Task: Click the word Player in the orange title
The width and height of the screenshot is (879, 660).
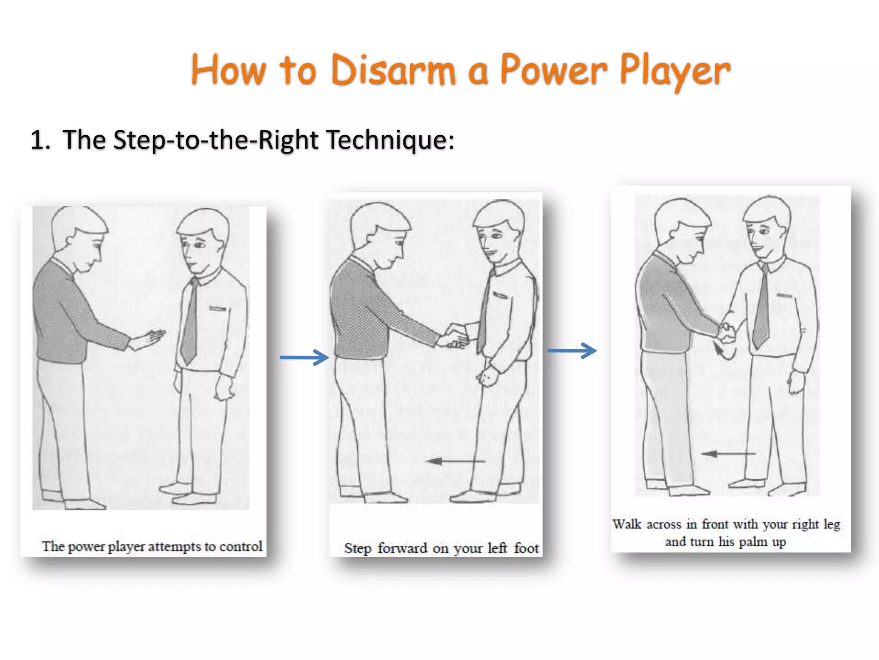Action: [x=674, y=71]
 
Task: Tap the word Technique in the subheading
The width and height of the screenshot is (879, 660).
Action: [x=389, y=141]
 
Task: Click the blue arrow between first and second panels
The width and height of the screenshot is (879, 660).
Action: [x=304, y=357]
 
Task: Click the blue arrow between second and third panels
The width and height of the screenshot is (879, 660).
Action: [x=572, y=351]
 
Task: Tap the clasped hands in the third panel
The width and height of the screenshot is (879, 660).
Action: [x=727, y=332]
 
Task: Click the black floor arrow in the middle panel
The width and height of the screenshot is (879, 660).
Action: [x=455, y=461]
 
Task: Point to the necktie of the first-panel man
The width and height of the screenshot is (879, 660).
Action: [x=189, y=322]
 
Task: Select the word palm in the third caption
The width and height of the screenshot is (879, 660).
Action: [x=753, y=541]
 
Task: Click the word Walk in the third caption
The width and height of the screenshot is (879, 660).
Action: [x=627, y=524]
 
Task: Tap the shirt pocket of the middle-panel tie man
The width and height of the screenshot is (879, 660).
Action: [x=500, y=296]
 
